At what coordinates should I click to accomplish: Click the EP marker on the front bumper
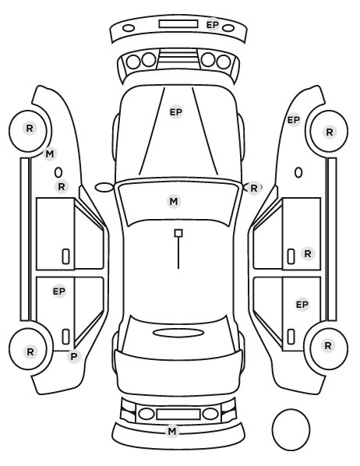(x=213, y=25)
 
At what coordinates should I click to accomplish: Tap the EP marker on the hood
(x=175, y=112)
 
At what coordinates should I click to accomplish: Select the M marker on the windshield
(x=174, y=202)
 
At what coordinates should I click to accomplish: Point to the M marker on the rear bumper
(x=172, y=431)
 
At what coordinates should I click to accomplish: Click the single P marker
(x=74, y=356)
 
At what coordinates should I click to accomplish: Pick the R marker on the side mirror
(x=253, y=188)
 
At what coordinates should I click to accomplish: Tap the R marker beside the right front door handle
(x=308, y=254)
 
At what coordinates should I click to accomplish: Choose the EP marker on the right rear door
(x=302, y=305)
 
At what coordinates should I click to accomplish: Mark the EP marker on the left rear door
(x=59, y=291)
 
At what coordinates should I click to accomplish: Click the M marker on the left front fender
(x=50, y=154)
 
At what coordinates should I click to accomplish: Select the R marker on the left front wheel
(x=30, y=129)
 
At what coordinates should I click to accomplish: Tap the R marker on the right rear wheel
(x=328, y=346)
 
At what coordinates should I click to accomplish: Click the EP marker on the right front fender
(x=294, y=120)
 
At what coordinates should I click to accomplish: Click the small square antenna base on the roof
(x=178, y=233)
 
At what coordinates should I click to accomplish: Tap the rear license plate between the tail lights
(x=178, y=415)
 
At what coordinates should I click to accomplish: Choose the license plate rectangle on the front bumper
(x=178, y=24)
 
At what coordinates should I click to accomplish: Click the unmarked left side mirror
(x=104, y=188)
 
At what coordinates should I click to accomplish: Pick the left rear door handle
(x=65, y=337)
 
